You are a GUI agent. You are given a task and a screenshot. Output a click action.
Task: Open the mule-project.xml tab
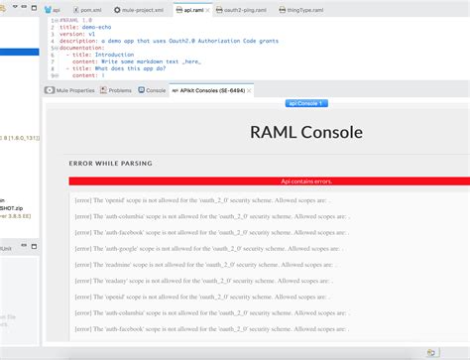pyautogui.click(x=136, y=8)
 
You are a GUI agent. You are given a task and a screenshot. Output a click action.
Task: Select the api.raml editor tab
pyautogui.click(x=205, y=8)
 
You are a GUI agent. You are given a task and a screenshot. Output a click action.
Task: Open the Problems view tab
pyautogui.click(x=118, y=90)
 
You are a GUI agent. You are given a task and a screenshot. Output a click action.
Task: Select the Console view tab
pyautogui.click(x=154, y=90)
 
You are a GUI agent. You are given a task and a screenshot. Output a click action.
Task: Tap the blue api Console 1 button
pyautogui.click(x=306, y=103)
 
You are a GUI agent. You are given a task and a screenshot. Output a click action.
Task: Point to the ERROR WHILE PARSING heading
pyautogui.click(x=110, y=163)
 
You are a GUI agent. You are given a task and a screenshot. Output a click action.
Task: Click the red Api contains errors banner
pyautogui.click(x=269, y=180)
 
